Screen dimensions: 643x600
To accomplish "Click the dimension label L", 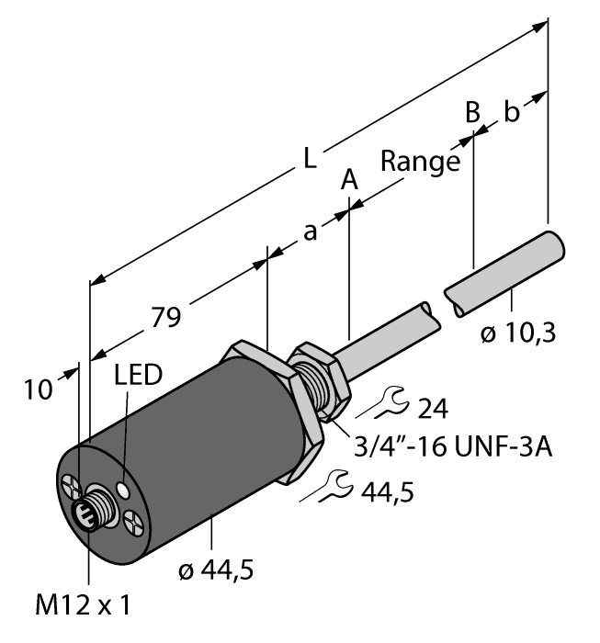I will [x=311, y=159].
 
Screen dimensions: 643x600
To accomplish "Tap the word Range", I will [x=420, y=164].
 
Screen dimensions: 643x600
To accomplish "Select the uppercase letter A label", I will [x=349, y=180].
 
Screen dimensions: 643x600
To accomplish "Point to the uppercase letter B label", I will [x=472, y=113].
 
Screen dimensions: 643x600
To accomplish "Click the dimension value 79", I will [x=165, y=318].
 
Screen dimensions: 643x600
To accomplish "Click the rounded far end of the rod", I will [x=556, y=246].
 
